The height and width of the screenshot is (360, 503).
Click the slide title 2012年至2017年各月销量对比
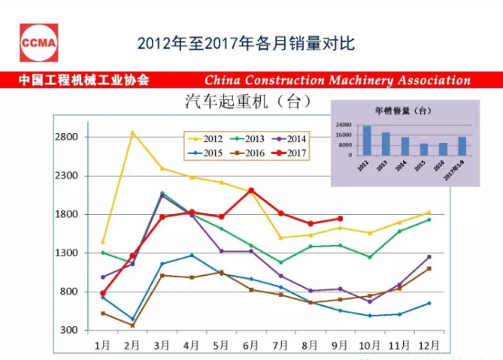coord(246,44)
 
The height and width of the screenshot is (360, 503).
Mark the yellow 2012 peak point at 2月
coord(132,133)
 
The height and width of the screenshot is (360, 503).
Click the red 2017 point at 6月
coord(251,190)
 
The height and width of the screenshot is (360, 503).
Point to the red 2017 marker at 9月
coord(340,219)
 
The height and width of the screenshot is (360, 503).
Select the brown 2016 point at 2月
coord(132,325)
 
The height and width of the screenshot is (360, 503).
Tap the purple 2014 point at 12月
coord(429,257)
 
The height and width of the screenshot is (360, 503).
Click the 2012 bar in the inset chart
coord(367,140)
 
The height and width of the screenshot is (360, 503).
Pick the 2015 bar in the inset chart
coord(423,149)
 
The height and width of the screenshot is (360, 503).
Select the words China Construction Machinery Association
coord(337,80)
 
